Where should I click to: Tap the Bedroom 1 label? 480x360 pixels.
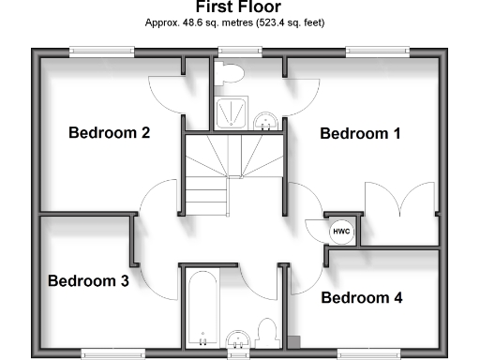coord(360,134)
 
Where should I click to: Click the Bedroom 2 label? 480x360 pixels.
coord(109,132)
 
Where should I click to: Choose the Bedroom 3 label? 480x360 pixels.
coord(88,280)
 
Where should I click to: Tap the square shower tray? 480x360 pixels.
coord(230,113)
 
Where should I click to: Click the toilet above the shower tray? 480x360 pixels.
coord(232,73)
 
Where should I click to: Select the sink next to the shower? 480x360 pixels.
coord(266,119)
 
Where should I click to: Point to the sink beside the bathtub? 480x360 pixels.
coord(237,338)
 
